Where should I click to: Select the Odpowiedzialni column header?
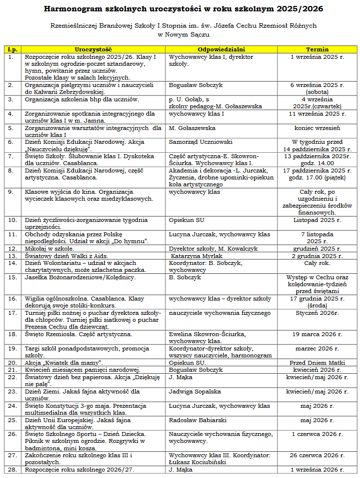(221, 50)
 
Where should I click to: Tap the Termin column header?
(317, 50)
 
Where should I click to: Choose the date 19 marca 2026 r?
(317, 334)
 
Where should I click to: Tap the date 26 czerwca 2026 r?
(317, 455)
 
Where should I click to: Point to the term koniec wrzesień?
(317, 128)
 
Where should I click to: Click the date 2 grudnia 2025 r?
(317, 256)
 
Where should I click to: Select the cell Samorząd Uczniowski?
(200, 142)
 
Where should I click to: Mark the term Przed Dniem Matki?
(317, 363)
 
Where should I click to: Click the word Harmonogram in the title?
(75, 9)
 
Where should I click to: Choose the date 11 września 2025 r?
(317, 114)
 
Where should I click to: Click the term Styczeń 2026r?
(317, 313)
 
